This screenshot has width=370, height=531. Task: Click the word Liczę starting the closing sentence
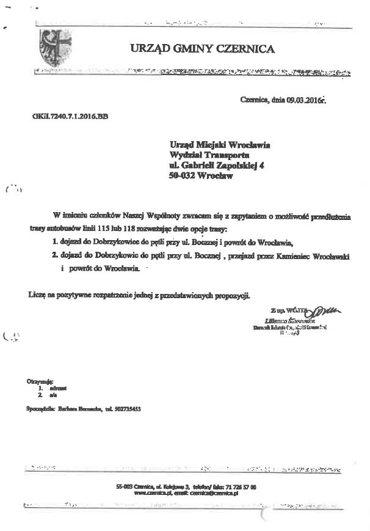(x=35, y=295)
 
